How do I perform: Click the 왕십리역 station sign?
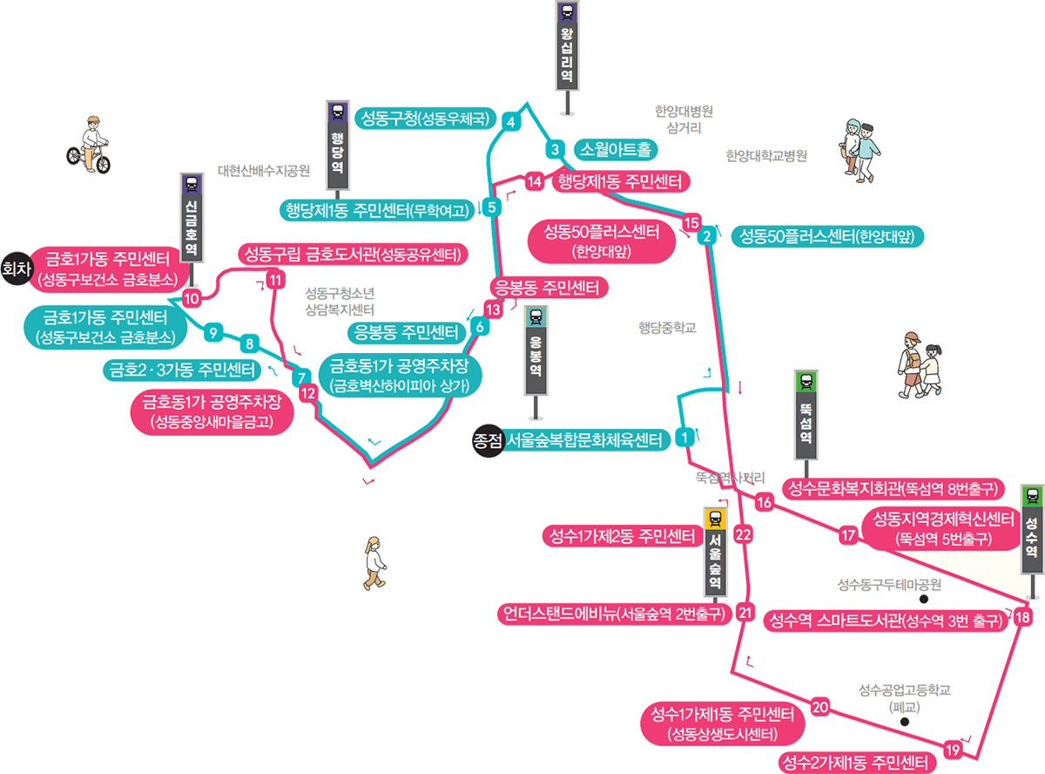[x=568, y=44]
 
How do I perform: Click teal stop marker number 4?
[x=512, y=121]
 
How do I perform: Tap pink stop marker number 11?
[x=275, y=281]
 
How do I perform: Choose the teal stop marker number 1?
[x=685, y=437]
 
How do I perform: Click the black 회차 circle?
[x=14, y=268]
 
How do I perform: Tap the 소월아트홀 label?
[x=616, y=150]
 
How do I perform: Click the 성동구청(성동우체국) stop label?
[x=426, y=118]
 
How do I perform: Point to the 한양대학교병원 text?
[x=766, y=156]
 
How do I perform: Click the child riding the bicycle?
[x=90, y=145]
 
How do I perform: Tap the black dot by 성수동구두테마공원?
[x=923, y=600]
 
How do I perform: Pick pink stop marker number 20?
[x=819, y=707]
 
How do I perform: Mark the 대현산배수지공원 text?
[x=264, y=171]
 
